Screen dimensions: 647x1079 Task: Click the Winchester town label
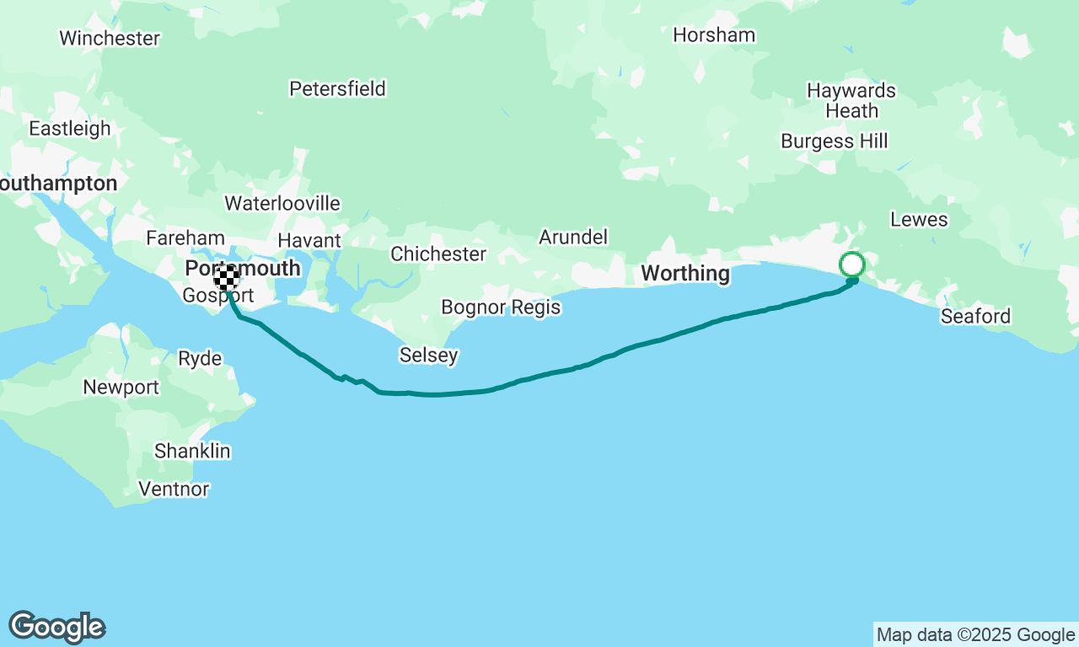click(x=110, y=38)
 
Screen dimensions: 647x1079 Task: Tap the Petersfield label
click(x=337, y=88)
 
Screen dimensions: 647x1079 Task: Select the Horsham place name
click(x=714, y=35)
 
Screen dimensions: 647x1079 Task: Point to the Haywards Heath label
click(x=851, y=100)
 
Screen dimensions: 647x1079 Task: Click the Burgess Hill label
click(x=834, y=141)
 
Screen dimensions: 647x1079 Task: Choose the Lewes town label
click(x=919, y=220)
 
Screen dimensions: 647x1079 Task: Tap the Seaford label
click(x=975, y=316)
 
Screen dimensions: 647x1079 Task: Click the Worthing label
click(x=685, y=273)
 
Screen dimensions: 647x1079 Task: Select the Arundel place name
click(x=573, y=238)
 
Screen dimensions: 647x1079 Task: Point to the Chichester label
click(x=438, y=254)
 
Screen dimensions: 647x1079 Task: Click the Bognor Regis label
click(x=501, y=307)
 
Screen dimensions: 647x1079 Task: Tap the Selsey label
click(x=429, y=356)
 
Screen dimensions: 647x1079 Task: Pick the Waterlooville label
click(x=282, y=203)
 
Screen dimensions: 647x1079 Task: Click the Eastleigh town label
click(x=70, y=128)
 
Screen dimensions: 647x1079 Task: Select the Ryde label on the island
click(x=200, y=359)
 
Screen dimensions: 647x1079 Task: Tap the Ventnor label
click(x=173, y=489)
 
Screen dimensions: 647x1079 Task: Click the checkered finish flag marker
click(x=226, y=277)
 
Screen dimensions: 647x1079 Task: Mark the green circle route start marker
click(x=852, y=265)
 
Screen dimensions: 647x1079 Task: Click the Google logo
click(x=57, y=627)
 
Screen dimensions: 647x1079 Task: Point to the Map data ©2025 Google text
click(x=975, y=635)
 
